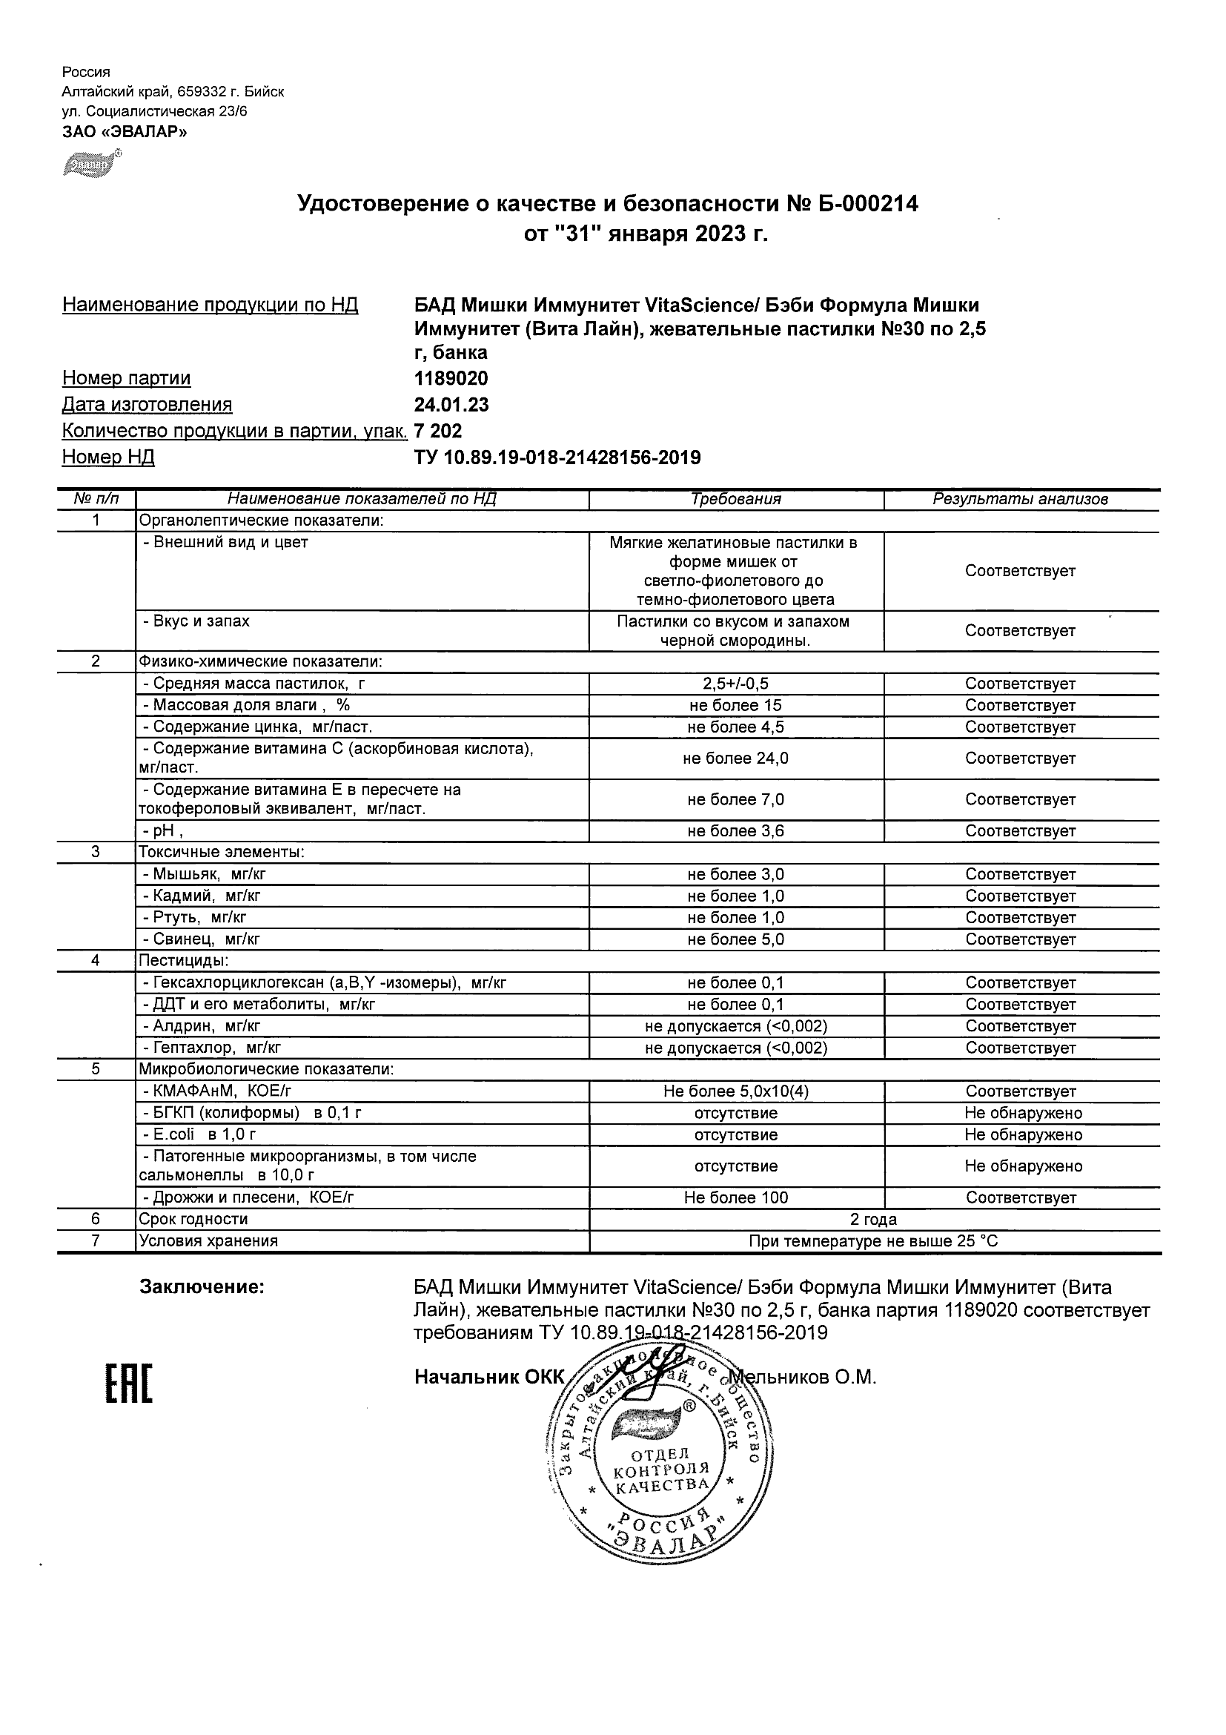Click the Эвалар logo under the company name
click(90, 163)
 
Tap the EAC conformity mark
click(128, 1384)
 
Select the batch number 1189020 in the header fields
click(451, 378)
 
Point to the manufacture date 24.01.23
click(451, 405)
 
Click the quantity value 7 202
click(438, 432)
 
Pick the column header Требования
click(736, 499)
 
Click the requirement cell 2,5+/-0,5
click(736, 684)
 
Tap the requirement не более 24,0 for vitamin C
click(736, 759)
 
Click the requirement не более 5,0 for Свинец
click(736, 939)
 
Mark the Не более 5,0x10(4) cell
click(736, 1091)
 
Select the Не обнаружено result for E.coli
click(1023, 1135)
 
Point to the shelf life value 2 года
click(873, 1219)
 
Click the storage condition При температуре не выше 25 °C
click(873, 1240)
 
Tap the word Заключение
click(202, 1287)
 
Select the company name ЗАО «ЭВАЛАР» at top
click(125, 132)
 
